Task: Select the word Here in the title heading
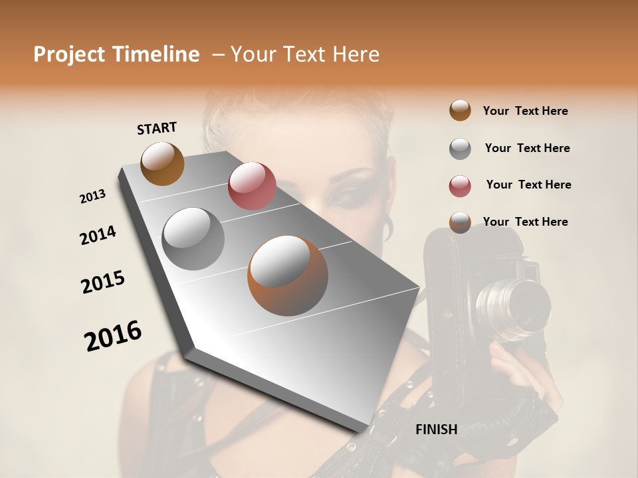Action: (x=354, y=54)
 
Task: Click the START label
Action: (x=157, y=128)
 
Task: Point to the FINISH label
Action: (x=436, y=430)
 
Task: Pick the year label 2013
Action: (x=92, y=197)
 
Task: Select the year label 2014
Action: (x=98, y=235)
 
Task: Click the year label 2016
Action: (x=113, y=336)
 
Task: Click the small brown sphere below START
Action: (x=162, y=163)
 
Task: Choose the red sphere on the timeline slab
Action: (x=252, y=186)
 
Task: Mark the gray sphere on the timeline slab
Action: (x=193, y=238)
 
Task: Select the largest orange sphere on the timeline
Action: (x=288, y=276)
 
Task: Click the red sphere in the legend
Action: (x=460, y=186)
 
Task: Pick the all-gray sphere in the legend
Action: (x=460, y=149)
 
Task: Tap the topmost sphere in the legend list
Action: (x=460, y=110)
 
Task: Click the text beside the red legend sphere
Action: (x=528, y=185)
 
